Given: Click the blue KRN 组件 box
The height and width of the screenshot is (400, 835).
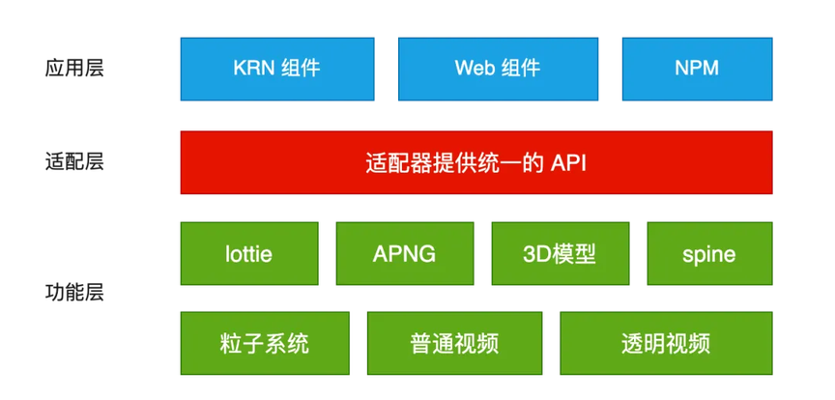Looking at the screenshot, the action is (277, 69).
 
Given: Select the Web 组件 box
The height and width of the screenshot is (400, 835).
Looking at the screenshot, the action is (498, 69).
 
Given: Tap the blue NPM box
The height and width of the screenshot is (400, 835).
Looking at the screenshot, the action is (697, 69).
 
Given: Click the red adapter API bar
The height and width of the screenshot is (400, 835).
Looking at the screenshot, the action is (476, 162).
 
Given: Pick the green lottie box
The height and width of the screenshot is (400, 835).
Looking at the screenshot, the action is (249, 253).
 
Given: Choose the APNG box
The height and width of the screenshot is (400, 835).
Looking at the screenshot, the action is (405, 253).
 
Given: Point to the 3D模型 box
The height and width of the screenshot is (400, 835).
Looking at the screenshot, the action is (561, 253).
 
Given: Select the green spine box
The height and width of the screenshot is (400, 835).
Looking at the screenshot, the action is (710, 253).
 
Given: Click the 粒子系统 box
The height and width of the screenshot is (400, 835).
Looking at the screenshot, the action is (265, 344).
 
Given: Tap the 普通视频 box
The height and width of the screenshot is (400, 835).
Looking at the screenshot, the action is (455, 344).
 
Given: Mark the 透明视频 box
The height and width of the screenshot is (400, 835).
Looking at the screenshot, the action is (666, 344).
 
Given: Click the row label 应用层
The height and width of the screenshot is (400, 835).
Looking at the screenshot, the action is (74, 69).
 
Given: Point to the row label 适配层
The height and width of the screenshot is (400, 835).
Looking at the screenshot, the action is (74, 162).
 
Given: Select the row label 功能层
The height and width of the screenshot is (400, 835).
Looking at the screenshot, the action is (74, 293).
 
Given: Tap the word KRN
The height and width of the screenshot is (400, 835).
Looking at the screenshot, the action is (252, 69).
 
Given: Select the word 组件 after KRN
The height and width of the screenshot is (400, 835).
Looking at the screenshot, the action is (301, 69).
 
